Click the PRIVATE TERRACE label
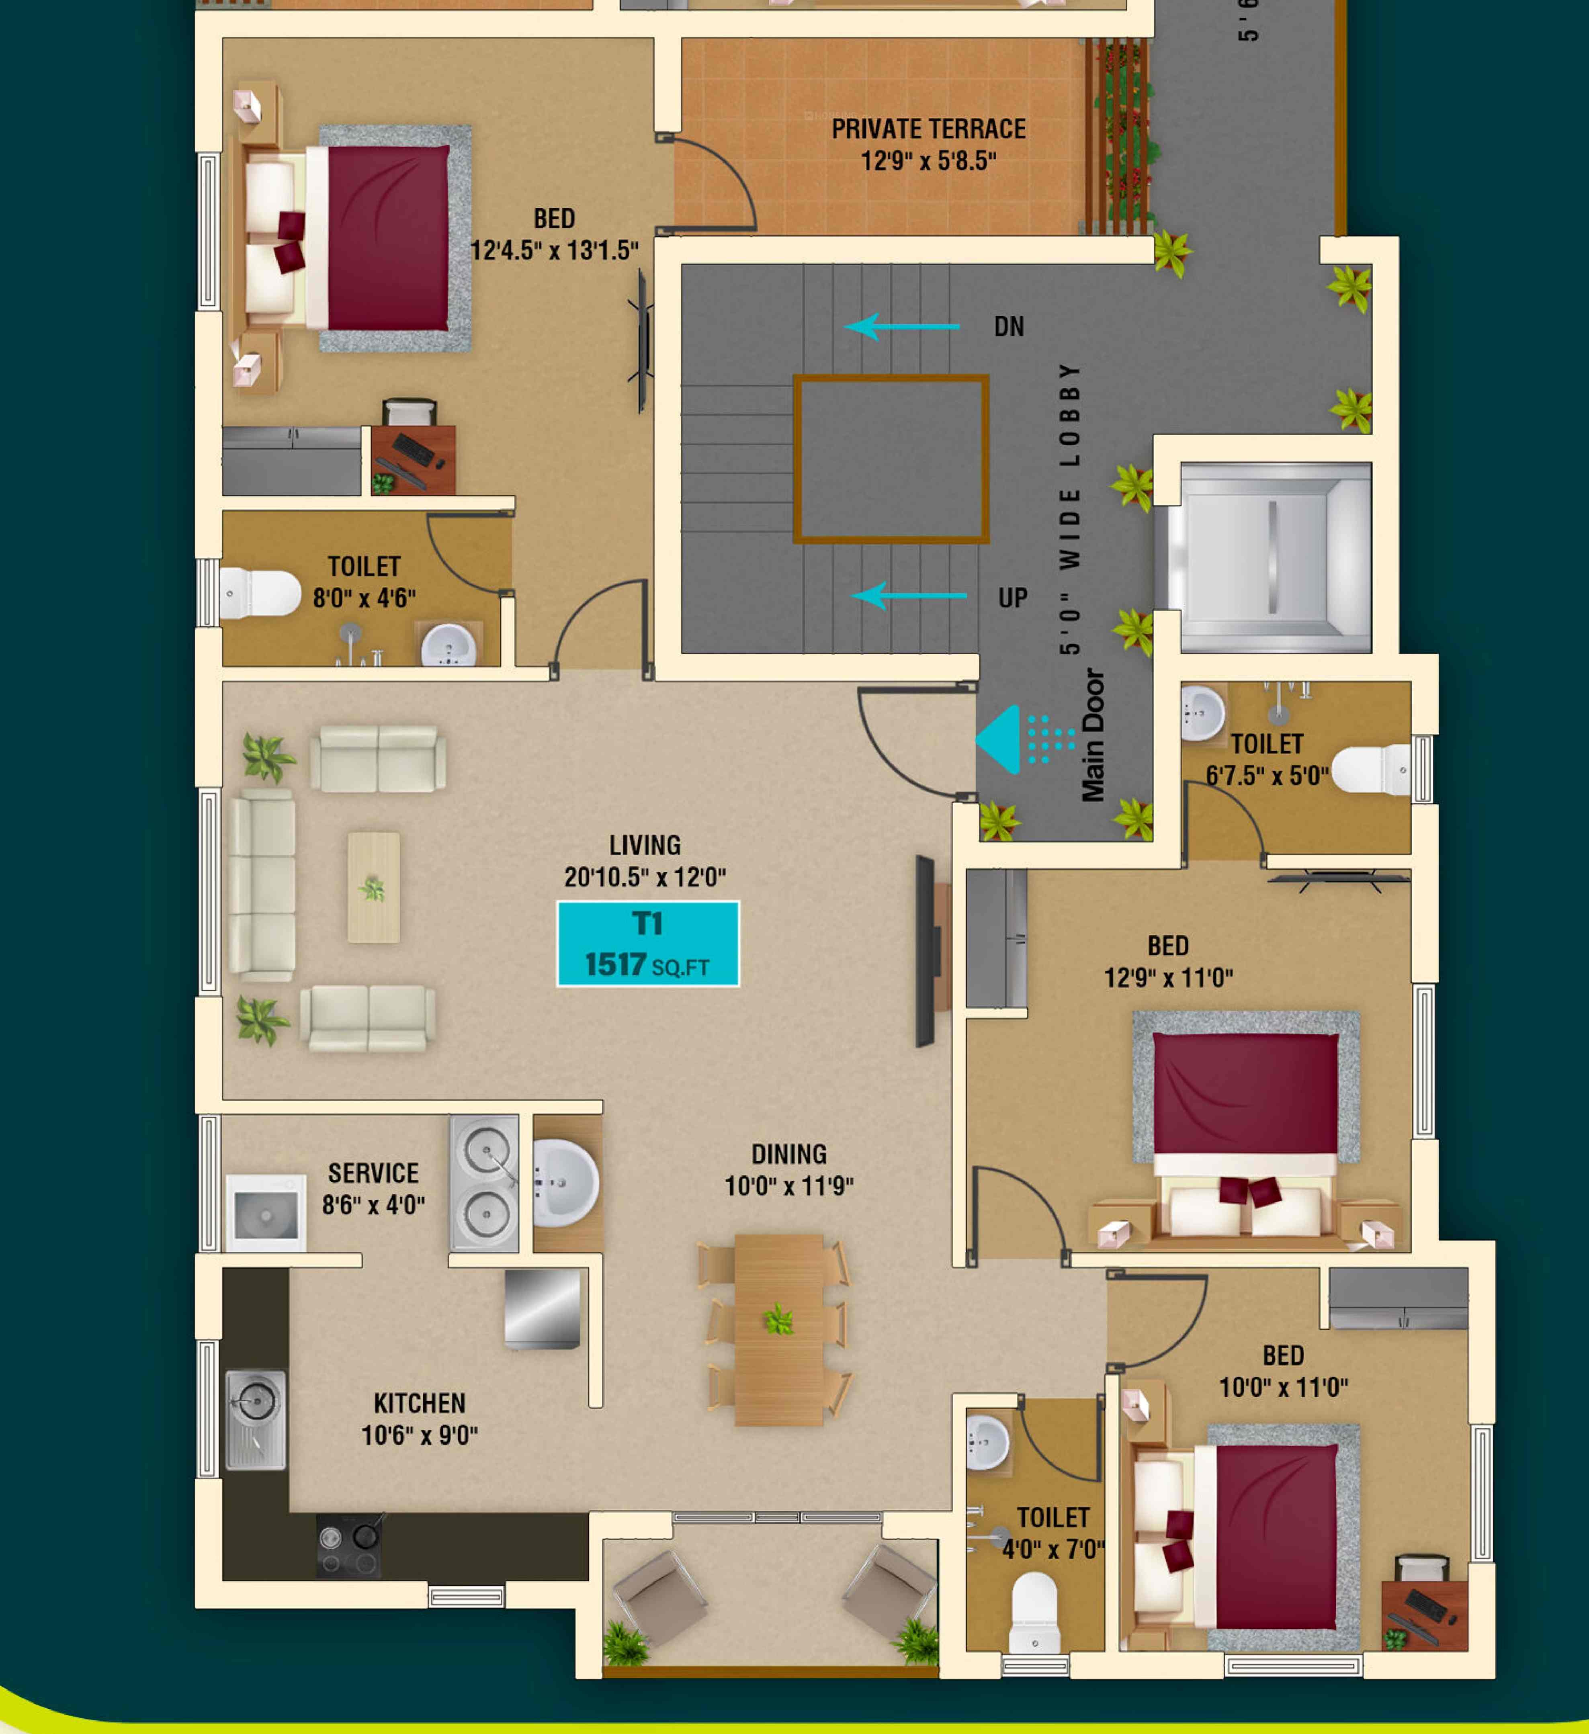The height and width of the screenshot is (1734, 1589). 928,129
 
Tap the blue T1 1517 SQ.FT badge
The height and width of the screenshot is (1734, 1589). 648,944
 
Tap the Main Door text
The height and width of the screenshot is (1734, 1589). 1093,735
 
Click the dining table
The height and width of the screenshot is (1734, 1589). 778,1330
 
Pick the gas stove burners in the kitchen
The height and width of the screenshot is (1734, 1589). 348,1546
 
